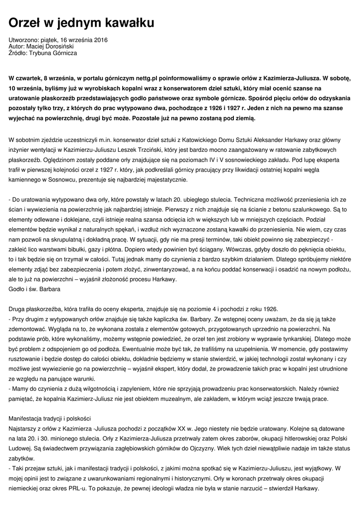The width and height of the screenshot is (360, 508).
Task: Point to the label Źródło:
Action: coord(18,53)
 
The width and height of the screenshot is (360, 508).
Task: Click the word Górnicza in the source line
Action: coord(65,53)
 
